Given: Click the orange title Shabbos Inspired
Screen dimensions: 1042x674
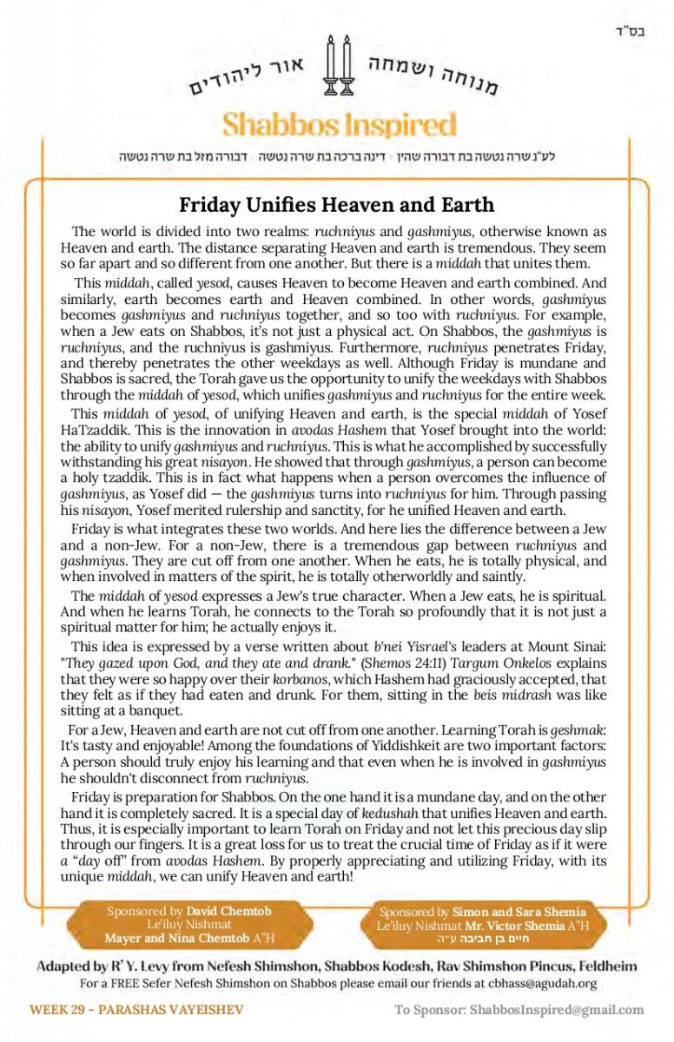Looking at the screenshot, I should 339,125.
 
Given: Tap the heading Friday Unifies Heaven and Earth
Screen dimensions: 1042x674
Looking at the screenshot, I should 336,205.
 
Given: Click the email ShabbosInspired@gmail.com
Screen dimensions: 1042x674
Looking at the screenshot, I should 558,1010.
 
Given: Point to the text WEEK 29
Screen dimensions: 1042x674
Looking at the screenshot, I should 59,1010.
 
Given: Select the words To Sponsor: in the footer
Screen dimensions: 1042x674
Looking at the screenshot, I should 430,1010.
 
